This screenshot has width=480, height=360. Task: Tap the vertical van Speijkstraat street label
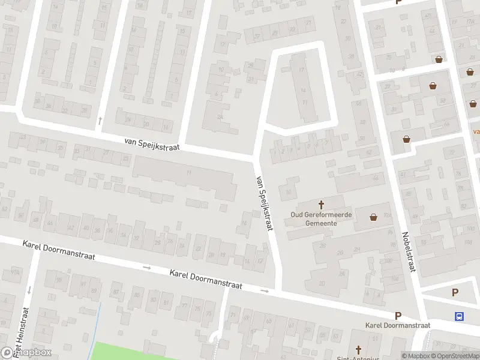click(265, 203)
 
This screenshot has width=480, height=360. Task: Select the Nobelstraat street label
click(409, 252)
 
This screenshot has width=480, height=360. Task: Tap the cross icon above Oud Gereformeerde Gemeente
click(321, 205)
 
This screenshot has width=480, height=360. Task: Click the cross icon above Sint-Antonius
click(359, 349)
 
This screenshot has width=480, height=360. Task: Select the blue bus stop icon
click(460, 316)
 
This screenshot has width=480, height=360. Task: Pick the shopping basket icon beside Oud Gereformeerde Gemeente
click(374, 217)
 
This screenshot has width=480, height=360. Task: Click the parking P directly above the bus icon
click(455, 293)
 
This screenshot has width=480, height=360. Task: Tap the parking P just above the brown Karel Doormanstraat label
click(397, 316)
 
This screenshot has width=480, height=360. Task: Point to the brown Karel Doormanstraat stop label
click(398, 325)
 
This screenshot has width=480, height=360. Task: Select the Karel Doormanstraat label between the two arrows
click(205, 279)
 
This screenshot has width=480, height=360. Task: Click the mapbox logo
click(26, 353)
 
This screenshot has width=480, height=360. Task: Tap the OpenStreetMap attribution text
click(455, 356)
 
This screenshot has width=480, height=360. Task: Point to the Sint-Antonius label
click(359, 358)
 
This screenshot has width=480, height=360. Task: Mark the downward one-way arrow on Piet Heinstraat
click(29, 290)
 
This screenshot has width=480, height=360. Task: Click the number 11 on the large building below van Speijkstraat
click(188, 173)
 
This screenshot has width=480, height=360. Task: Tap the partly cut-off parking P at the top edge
click(398, 2)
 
